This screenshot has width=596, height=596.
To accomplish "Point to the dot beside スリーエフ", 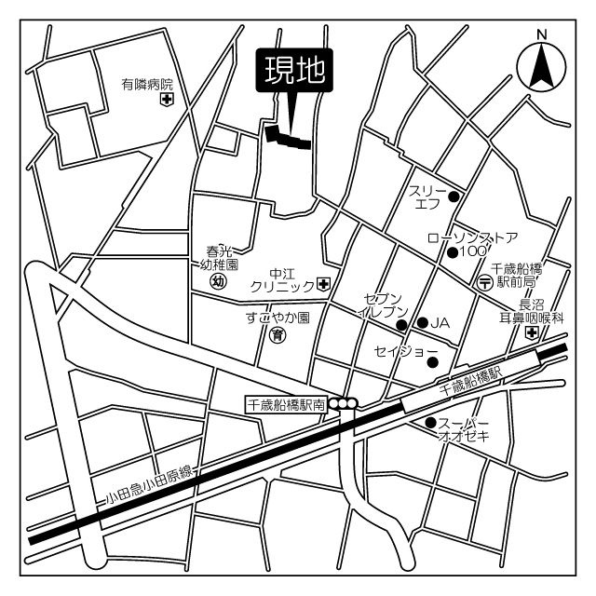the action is tap(454, 196).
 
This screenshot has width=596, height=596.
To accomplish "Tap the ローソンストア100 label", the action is tap(472, 244).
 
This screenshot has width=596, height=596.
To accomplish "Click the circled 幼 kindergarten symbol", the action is tap(219, 280).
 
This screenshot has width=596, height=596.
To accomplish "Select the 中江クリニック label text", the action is tap(282, 280).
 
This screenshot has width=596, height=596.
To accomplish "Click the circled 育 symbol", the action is tap(277, 336).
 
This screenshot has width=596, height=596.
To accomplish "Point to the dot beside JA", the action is tap(422, 322).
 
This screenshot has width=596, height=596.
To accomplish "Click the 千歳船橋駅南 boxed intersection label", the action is tap(285, 404).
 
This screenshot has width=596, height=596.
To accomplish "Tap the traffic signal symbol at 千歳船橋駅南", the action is tap(344, 403).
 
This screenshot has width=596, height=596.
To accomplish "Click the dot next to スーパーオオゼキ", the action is tap(430, 424).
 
